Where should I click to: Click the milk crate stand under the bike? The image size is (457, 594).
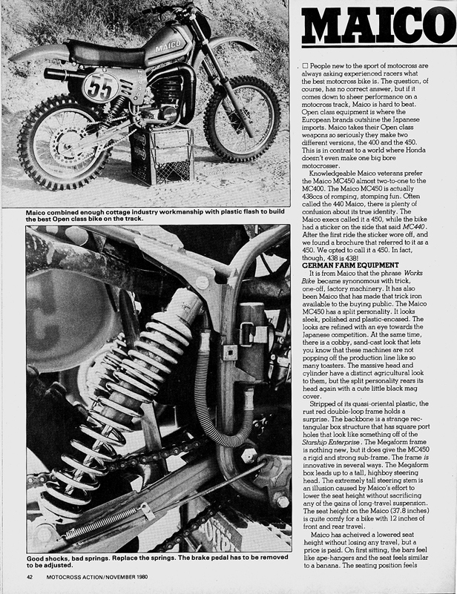tap(161, 156)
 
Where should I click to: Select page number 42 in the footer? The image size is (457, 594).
tap(30, 577)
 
